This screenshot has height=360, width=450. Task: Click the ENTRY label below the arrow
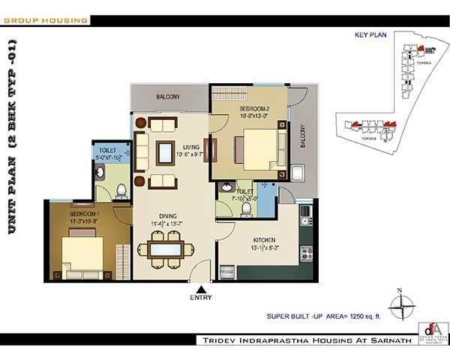click(x=200, y=298)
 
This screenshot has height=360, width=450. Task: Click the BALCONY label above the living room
click(x=168, y=97)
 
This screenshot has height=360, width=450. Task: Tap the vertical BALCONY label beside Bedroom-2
click(x=303, y=136)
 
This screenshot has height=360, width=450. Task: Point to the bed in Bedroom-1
click(x=84, y=251)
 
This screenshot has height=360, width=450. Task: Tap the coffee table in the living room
click(x=163, y=152)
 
